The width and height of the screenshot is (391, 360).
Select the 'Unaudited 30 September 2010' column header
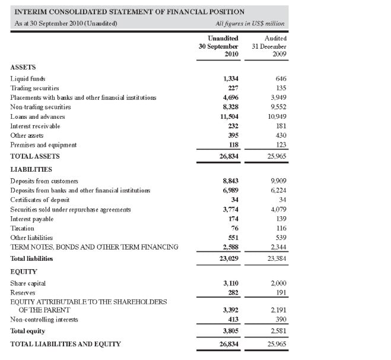[x=218, y=46]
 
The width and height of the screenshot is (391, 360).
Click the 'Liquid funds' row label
[x=28, y=78]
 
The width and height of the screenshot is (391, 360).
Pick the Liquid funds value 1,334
[x=230, y=78]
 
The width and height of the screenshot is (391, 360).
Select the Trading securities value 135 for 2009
[x=281, y=88]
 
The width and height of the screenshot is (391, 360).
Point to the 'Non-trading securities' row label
[x=40, y=107]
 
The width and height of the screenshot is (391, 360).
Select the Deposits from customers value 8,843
[x=230, y=181]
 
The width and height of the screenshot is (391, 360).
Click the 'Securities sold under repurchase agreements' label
[x=71, y=209]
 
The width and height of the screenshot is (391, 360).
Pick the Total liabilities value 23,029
[x=228, y=259]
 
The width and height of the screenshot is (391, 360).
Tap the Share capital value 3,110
[x=230, y=283]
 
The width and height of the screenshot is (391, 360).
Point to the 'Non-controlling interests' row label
[x=44, y=320]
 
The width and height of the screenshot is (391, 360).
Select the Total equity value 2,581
[x=278, y=331]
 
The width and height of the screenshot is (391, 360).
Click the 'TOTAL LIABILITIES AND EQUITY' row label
[x=65, y=344]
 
